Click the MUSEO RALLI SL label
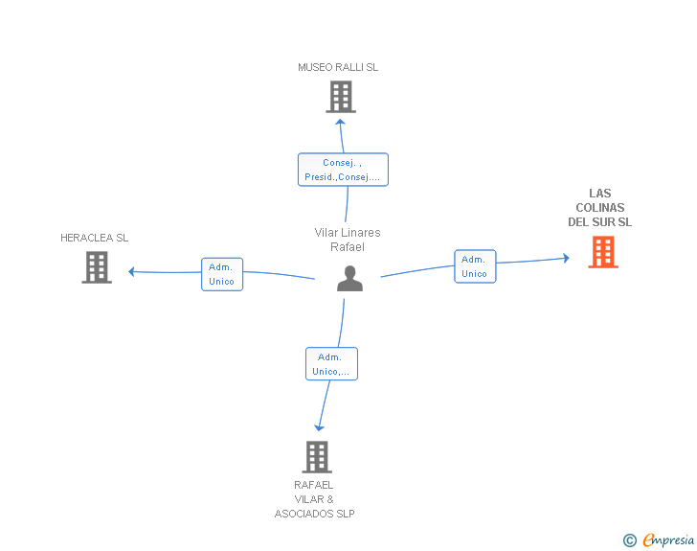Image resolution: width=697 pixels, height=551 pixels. point(338,67)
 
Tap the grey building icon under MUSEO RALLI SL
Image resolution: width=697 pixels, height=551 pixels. point(341,97)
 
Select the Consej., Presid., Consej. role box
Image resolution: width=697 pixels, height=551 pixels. point(343,170)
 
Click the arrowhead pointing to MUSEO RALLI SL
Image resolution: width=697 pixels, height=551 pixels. point(340,123)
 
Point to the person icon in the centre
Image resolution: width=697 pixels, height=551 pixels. point(349,279)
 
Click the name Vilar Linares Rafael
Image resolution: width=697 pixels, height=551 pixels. point(348,240)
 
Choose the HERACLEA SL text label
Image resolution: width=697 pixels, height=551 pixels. point(94,238)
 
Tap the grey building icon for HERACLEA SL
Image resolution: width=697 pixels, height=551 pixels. point(97,267)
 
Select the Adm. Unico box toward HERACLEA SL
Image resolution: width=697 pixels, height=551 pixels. point(222,274)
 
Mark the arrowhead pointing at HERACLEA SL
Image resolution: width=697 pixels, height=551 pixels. point(131,271)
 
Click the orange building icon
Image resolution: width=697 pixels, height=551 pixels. point(603,252)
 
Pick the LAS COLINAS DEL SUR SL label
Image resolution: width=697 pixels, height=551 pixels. point(599,207)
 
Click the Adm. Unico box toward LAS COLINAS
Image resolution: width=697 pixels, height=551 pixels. point(475,266)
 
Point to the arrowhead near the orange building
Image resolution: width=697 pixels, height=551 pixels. point(566,258)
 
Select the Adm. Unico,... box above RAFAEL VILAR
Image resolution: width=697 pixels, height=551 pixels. point(331,363)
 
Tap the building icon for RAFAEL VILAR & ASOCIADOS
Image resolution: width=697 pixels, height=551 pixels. point(317,457)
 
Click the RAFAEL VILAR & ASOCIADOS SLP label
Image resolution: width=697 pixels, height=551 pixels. point(314,499)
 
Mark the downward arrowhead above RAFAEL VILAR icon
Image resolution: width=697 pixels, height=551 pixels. point(319,427)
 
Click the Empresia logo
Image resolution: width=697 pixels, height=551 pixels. point(668,540)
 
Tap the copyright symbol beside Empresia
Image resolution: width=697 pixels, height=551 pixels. point(629,540)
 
